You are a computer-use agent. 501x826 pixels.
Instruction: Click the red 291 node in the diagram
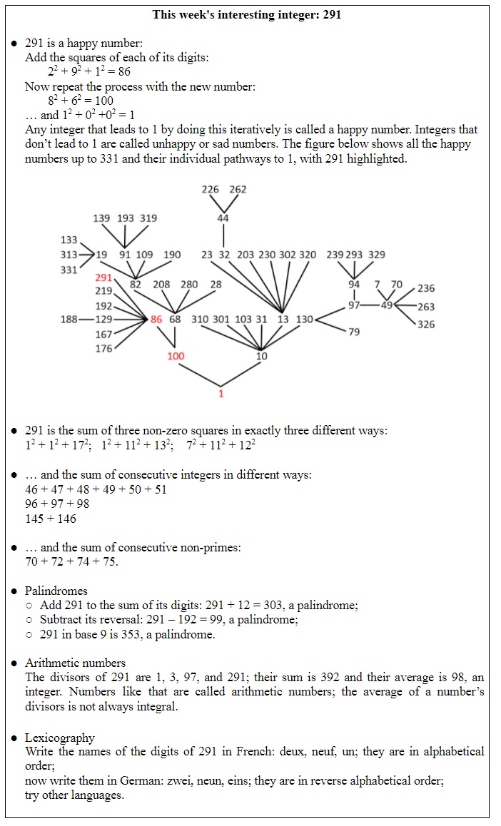[x=103, y=277]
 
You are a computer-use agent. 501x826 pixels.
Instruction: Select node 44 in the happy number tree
[x=223, y=218]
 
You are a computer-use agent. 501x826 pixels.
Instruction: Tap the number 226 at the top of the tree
[x=211, y=190]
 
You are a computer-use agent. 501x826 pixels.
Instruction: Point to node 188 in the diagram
[x=69, y=320]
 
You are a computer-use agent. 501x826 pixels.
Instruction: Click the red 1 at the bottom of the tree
[x=221, y=393]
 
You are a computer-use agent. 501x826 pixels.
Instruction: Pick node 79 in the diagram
[x=354, y=332]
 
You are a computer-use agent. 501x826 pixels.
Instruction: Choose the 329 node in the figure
[x=377, y=255]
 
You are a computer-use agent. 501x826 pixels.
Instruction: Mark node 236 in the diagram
[x=426, y=289]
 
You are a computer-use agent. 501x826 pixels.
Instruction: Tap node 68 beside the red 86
[x=175, y=320]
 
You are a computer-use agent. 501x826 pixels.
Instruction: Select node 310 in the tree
[x=201, y=320]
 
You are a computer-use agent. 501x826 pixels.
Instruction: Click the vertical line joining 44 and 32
[x=223, y=236]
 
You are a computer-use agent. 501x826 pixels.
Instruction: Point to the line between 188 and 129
[x=86, y=320]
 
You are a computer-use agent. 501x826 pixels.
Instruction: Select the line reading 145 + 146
[x=51, y=519]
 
